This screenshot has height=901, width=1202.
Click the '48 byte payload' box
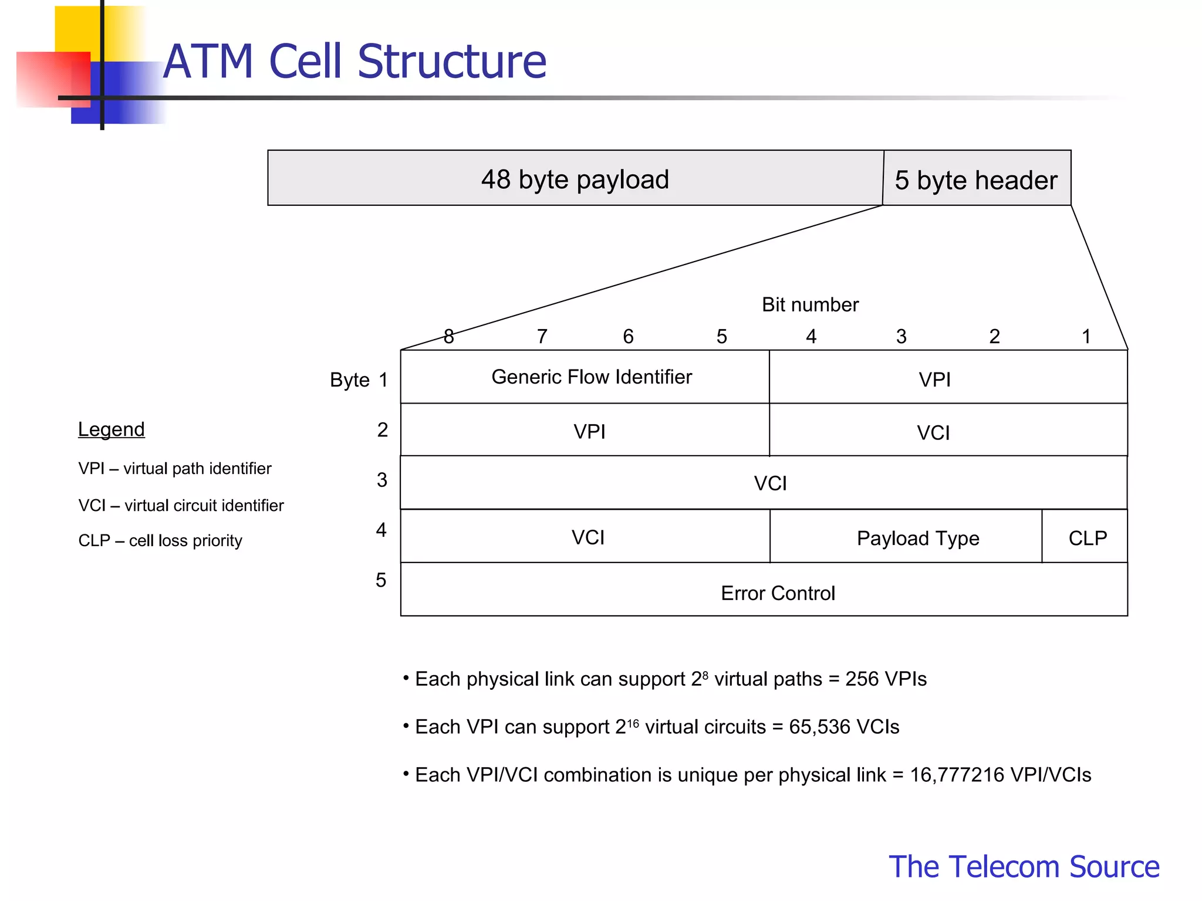click(x=575, y=179)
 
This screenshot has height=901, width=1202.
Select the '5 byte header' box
click(x=976, y=179)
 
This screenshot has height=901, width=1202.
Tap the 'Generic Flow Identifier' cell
click(x=591, y=377)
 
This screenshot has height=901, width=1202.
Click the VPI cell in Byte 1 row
click(x=934, y=380)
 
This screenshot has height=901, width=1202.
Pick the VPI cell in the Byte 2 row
click(x=589, y=431)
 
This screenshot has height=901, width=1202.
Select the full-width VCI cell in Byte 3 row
click(x=769, y=483)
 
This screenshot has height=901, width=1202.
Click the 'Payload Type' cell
click(x=917, y=538)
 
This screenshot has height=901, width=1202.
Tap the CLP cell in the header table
click(x=1087, y=538)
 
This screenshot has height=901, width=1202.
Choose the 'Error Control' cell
click(x=777, y=593)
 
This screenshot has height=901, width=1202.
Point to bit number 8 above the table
click(x=449, y=336)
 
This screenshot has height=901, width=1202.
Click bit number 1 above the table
click(x=1086, y=336)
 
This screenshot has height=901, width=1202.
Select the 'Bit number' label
click(x=810, y=304)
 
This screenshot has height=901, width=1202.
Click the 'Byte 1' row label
click(x=359, y=380)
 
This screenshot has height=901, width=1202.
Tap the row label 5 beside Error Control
click(x=381, y=580)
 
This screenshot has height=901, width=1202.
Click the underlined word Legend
click(x=112, y=429)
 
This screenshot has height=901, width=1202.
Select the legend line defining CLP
click(x=160, y=540)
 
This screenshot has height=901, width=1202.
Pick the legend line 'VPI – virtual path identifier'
click(x=175, y=468)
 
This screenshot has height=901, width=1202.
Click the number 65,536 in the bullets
click(x=819, y=727)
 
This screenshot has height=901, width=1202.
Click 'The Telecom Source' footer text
click(x=1024, y=866)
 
